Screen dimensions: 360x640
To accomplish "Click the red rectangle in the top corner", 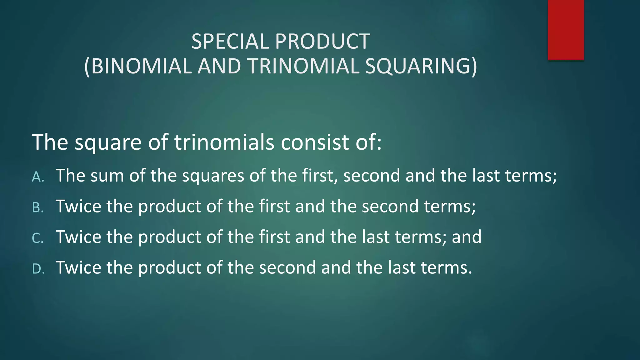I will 566,30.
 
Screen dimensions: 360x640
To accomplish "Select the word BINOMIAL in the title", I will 141,66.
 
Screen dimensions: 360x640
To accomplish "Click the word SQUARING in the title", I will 417,66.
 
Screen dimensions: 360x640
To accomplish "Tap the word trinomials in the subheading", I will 224,142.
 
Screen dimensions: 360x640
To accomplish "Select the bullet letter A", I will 38,177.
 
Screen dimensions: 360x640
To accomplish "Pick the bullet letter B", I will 38,208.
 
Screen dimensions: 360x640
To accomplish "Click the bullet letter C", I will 38,238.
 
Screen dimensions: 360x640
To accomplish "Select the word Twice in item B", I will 78,206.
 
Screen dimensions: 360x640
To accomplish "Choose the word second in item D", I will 287,268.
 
